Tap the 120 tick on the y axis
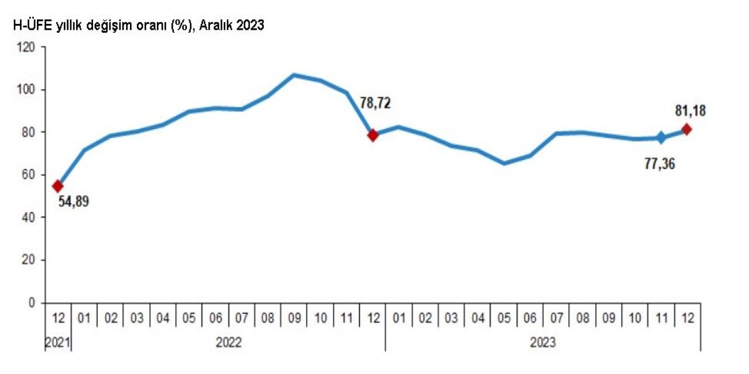27,47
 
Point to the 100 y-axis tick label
27,89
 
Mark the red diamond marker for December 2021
57,186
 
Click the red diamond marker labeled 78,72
373,135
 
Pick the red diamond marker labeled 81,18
686,129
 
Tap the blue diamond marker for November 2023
661,138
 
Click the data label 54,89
73,203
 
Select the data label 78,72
374,103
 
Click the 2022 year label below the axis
228,342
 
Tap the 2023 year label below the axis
542,342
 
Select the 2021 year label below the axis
58,342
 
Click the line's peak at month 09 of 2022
294,75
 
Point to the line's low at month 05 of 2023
504,163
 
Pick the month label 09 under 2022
294,318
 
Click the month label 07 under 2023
556,318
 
